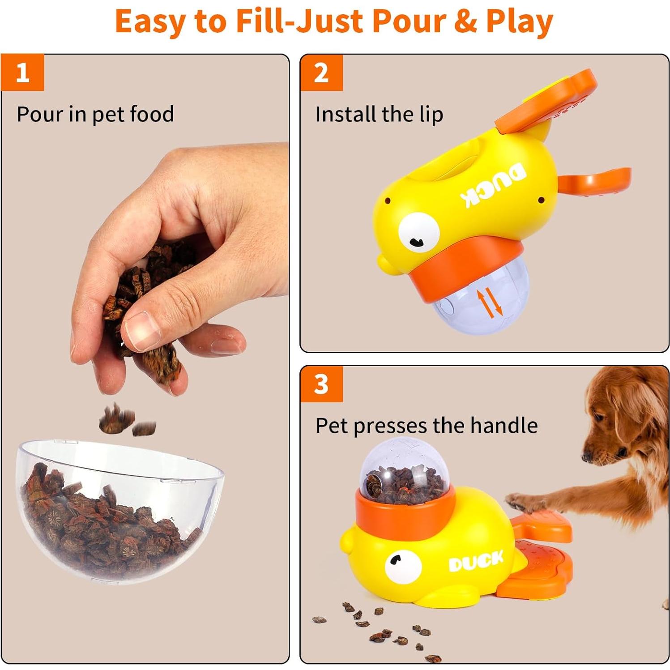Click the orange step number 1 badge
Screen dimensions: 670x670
click(x=22, y=73)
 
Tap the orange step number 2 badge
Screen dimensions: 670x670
click(x=321, y=73)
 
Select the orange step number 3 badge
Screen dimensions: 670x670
click(x=321, y=384)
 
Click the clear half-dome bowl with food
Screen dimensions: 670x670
click(x=116, y=510)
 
